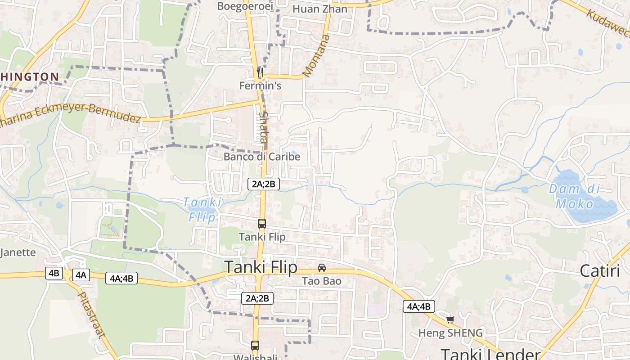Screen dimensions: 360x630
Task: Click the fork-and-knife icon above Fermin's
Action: click(260, 72)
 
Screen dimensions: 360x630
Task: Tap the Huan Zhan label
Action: click(320, 9)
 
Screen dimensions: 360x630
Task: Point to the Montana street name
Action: click(317, 56)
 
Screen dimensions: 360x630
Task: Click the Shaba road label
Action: click(263, 127)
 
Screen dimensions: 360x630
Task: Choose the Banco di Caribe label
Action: click(262, 157)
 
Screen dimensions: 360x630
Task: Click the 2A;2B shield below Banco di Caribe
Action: click(264, 184)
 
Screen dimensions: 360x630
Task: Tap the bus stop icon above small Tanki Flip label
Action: click(261, 223)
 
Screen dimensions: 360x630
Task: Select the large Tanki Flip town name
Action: click(261, 267)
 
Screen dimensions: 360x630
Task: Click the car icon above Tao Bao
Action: click(322, 268)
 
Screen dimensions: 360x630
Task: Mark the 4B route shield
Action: click(54, 273)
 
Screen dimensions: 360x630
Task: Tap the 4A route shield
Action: click(81, 275)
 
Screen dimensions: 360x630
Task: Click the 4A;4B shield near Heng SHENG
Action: click(418, 307)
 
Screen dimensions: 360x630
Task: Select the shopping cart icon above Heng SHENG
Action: click(450, 320)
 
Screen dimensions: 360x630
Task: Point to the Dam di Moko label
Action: click(575, 197)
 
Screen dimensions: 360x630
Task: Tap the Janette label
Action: click(18, 252)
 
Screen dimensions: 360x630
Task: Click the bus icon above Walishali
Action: click(255, 346)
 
